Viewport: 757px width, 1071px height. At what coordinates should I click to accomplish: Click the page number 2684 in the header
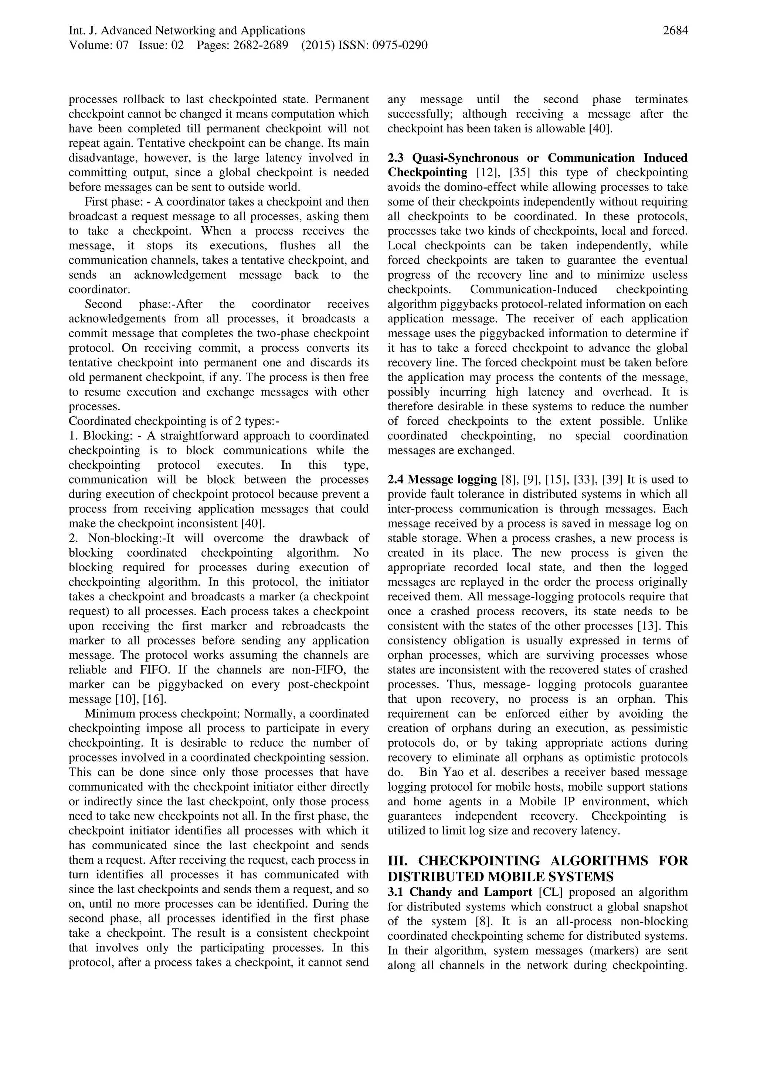[675, 31]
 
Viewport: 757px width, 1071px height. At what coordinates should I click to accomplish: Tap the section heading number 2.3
[397, 158]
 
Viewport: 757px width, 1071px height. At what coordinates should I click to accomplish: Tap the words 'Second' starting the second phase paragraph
[101, 305]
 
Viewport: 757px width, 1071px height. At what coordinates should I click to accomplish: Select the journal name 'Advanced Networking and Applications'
[203, 31]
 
